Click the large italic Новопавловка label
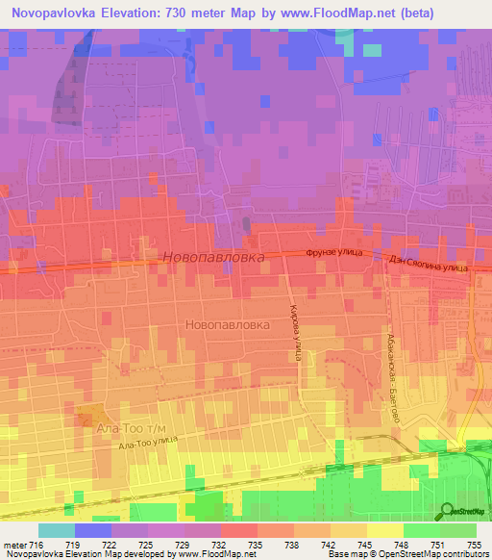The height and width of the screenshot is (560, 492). click(213, 258)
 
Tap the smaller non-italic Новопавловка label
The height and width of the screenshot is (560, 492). click(227, 325)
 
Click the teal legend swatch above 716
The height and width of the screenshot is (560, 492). click(57, 530)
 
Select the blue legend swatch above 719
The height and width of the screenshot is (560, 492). click(93, 530)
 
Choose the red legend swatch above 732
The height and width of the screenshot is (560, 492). click(239, 530)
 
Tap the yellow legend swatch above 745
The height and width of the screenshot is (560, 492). click(384, 530)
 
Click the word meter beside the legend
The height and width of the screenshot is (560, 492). click(16, 545)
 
